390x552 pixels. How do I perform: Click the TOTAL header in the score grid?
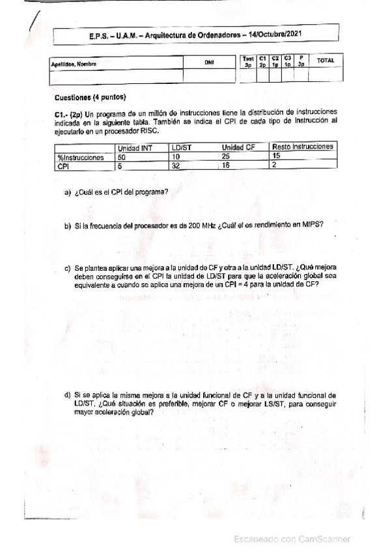coord(325,61)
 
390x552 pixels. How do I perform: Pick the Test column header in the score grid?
coord(248,61)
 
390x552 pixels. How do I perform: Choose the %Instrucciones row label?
coord(81,158)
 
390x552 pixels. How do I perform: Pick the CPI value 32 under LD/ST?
coord(175,166)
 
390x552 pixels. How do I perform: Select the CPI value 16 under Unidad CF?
coord(227,166)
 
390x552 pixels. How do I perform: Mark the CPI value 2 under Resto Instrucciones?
coord(275,165)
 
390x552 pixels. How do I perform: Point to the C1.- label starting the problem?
coord(63,113)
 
